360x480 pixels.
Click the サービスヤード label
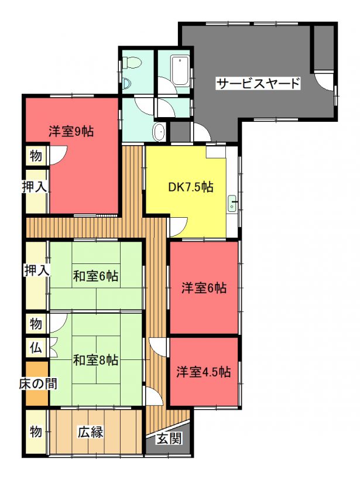[x=258, y=83]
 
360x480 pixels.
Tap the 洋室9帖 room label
[x=71, y=131]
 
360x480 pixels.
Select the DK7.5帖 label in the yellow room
[x=191, y=186]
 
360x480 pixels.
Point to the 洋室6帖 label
[x=204, y=288]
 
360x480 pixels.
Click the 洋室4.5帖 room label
[x=204, y=372]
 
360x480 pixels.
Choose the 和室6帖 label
[x=95, y=276]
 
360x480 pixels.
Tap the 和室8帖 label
[x=95, y=360]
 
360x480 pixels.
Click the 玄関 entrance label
[x=169, y=439]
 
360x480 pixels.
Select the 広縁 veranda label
[x=90, y=432]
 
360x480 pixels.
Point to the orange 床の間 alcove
[x=37, y=383]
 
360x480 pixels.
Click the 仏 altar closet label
[x=36, y=348]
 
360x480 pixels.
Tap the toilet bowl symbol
[x=132, y=63]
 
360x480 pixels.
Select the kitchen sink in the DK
[x=232, y=204]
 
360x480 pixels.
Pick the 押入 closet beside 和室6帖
[x=36, y=275]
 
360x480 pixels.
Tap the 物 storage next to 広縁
[x=36, y=431]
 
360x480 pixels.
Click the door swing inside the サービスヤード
[x=323, y=82]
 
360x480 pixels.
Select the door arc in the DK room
[x=179, y=227]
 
